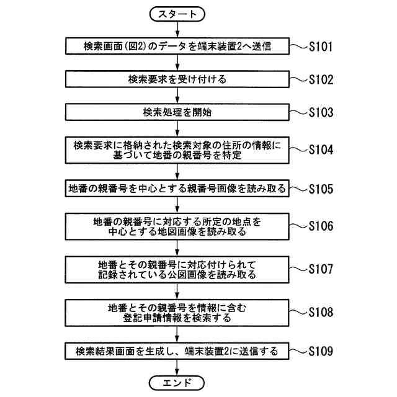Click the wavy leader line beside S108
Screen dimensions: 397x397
[299, 312]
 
